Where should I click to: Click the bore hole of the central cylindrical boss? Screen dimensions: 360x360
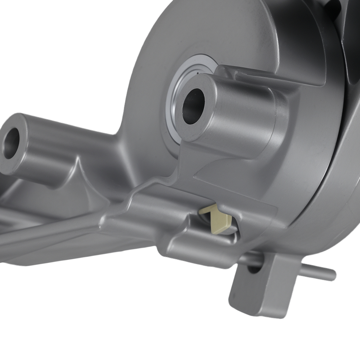coord(193,106)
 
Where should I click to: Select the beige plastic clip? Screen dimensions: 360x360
coord(218,219)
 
